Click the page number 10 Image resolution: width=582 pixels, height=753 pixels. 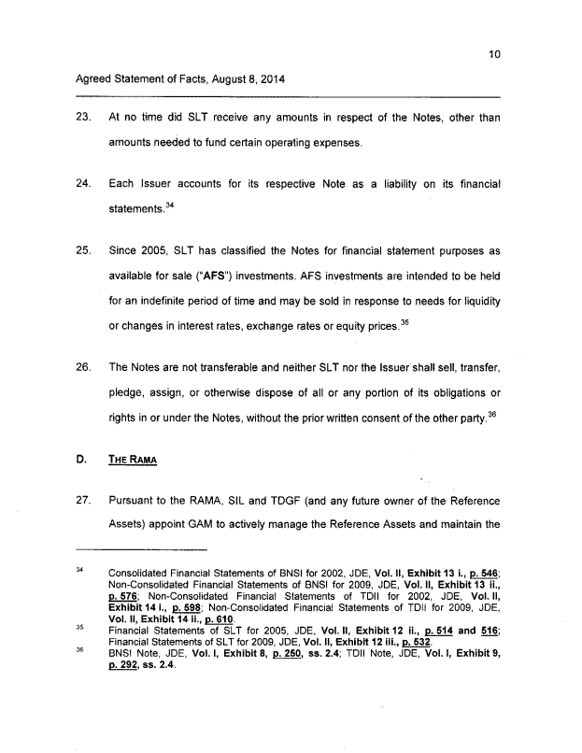click(x=494, y=54)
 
